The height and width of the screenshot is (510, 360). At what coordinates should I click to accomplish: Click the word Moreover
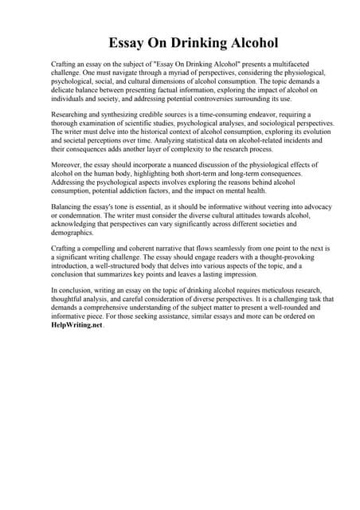(67, 165)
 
